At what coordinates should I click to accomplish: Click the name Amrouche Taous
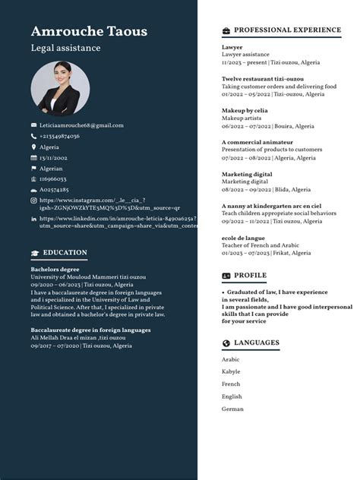point(89,31)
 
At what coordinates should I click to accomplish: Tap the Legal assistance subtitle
point(65,48)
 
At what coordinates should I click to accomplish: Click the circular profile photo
point(60,88)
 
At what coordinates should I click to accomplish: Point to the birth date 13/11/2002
point(53,157)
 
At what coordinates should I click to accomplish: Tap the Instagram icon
point(33,201)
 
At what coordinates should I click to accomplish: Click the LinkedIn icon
point(33,219)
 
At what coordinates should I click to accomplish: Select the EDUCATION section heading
point(65,252)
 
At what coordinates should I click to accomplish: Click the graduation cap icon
point(35,253)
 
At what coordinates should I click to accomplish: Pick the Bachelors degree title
point(55,269)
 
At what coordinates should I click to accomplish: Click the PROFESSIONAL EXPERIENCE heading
point(287,30)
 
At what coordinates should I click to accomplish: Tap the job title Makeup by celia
point(245,111)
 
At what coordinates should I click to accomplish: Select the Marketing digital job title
point(247,174)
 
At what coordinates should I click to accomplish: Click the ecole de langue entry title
point(243,238)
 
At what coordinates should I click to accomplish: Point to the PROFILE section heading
point(250,275)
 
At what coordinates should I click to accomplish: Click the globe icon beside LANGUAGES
point(226,343)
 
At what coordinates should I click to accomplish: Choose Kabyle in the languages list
point(231,371)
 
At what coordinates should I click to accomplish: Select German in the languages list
point(232,409)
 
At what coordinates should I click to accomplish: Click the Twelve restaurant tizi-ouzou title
point(263,79)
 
